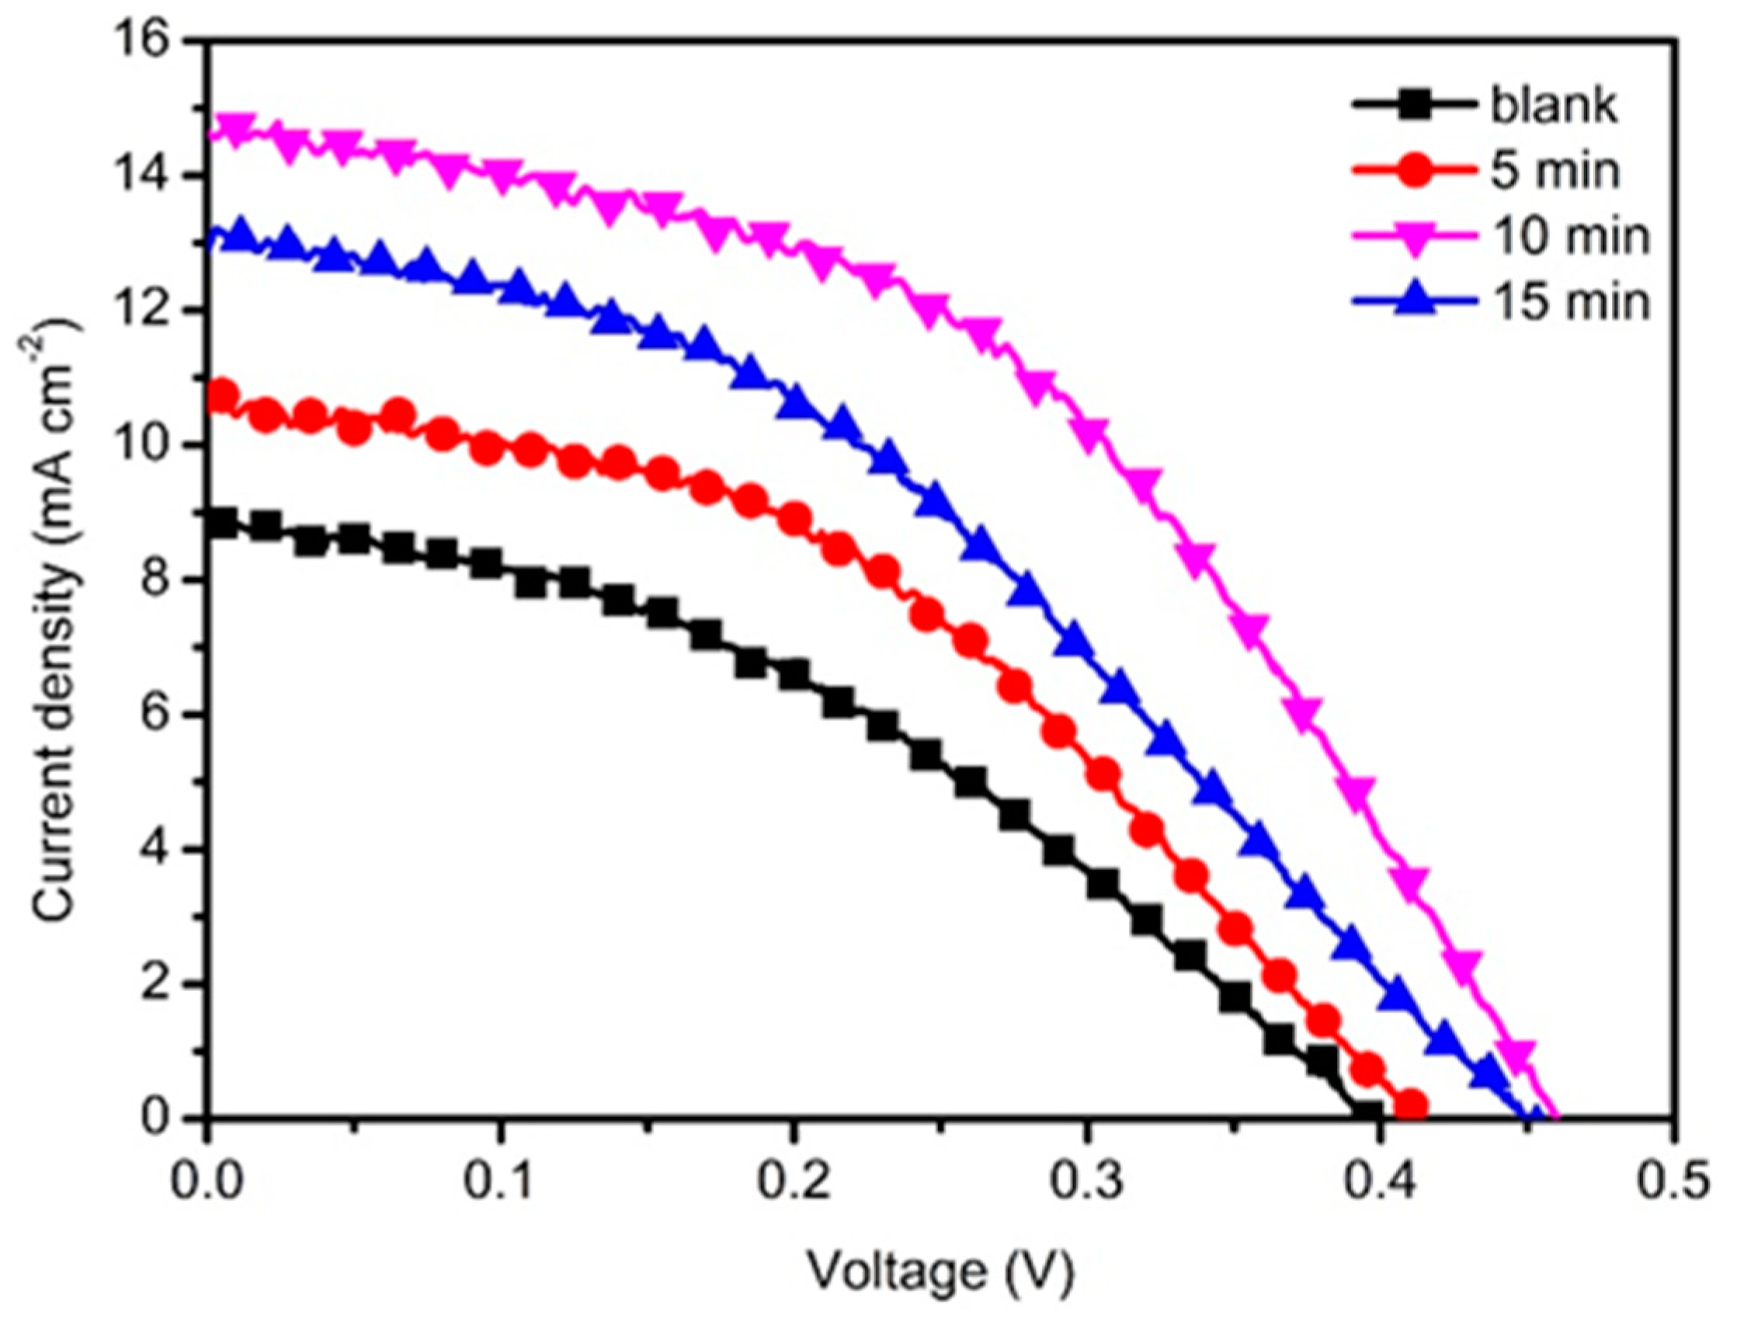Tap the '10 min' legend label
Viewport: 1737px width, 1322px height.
(1570, 235)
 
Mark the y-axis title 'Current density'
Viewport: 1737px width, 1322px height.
(57, 621)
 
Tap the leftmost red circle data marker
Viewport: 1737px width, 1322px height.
(223, 396)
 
